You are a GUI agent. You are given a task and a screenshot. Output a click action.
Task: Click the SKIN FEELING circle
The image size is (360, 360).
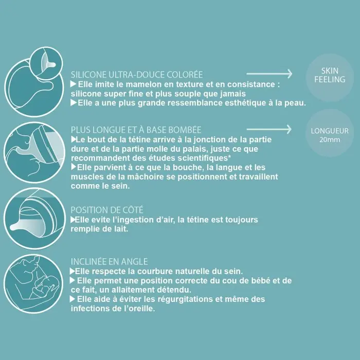330,75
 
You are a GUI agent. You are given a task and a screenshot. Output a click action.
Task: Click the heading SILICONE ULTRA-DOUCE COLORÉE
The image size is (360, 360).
137,75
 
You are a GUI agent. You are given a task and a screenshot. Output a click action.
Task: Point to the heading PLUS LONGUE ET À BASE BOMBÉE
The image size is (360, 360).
136,130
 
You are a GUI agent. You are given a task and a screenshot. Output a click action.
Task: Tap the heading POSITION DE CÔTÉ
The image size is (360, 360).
106,210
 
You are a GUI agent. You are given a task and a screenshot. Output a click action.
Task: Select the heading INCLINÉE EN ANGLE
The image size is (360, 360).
109,261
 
